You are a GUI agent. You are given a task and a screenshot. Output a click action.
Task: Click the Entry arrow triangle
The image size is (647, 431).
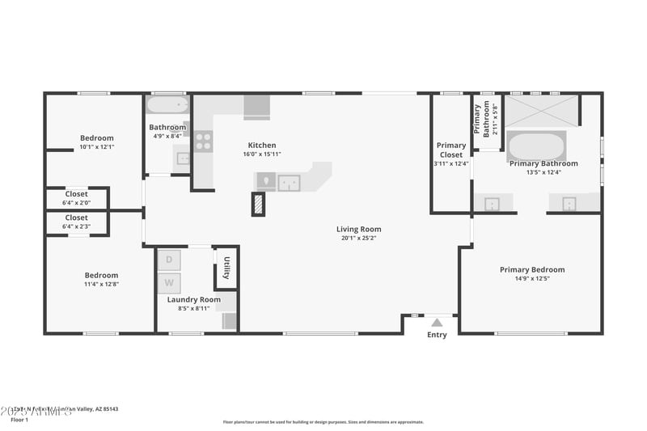(x=437, y=323)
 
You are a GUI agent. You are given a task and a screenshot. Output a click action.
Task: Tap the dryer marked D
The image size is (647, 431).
(x=169, y=260)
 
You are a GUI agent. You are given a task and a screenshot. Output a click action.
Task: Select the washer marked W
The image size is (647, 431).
(x=169, y=282)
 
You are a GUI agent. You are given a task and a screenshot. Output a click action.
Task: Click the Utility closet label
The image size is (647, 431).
(x=227, y=268)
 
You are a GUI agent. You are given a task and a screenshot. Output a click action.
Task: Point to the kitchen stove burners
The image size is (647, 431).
(x=203, y=142)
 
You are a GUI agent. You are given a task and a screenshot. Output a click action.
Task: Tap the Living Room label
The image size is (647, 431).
(x=358, y=230)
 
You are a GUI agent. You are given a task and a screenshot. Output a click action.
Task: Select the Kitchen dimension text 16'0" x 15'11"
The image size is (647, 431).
(x=261, y=154)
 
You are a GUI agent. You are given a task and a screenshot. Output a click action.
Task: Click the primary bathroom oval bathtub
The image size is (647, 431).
(x=536, y=147)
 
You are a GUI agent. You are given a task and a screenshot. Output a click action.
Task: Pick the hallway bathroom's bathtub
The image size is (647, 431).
(x=167, y=104)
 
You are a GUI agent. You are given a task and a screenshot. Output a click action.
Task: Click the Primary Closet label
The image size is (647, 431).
(x=451, y=150)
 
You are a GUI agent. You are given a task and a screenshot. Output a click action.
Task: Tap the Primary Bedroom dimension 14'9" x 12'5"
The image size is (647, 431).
(x=531, y=279)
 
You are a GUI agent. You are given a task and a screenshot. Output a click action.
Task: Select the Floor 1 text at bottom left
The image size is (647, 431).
(x=20, y=420)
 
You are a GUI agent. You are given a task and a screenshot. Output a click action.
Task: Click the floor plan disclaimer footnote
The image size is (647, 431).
(x=323, y=421)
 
